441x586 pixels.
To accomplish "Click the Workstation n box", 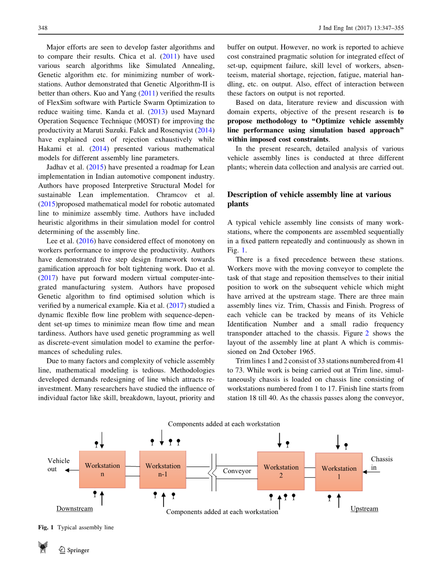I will (x=102, y=469).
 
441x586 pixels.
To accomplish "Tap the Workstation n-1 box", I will (x=163, y=470).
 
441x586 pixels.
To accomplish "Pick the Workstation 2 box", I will (x=281, y=471).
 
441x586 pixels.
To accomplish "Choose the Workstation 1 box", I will (x=338, y=472).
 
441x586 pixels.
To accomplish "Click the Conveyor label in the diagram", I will (x=237, y=471).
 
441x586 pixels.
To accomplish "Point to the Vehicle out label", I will (x=58, y=465).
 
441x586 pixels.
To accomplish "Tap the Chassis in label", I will (x=381, y=463).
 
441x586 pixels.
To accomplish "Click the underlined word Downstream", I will (x=74, y=509).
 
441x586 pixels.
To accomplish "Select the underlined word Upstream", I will (x=364, y=509).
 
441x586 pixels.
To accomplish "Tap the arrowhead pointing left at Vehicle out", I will (x=67, y=470).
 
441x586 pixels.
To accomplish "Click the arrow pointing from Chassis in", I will (x=374, y=472).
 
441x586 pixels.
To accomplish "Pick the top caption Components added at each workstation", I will (x=224, y=424).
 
